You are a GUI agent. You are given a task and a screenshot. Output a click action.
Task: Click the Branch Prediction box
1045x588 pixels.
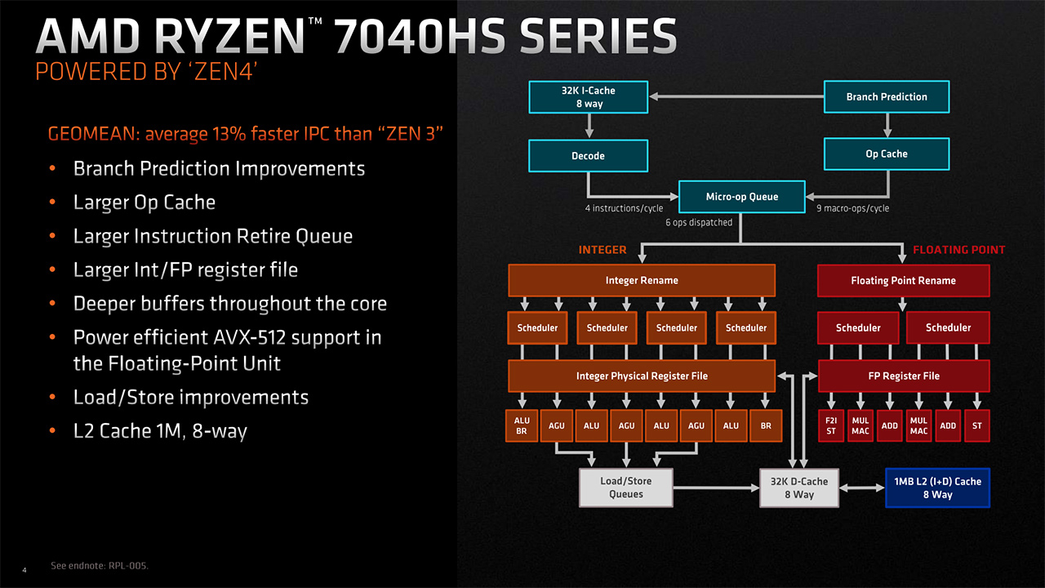pos(887,96)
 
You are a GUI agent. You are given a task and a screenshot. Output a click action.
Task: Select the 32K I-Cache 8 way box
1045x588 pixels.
pos(588,96)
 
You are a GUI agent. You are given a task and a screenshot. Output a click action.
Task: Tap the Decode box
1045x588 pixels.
pos(588,155)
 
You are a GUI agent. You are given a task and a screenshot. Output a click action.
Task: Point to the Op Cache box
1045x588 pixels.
pos(887,154)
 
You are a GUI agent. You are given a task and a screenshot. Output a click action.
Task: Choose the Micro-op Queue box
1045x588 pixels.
pos(741,197)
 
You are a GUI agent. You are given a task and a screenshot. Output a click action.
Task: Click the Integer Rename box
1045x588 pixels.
pos(641,280)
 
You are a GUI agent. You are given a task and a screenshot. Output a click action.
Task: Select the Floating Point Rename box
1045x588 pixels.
pos(903,280)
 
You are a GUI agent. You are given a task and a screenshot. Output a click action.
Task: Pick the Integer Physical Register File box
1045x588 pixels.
pos(641,376)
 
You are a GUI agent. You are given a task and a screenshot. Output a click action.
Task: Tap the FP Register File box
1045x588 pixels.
pos(903,376)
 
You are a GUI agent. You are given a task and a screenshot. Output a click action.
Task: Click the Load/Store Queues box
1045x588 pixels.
pos(626,488)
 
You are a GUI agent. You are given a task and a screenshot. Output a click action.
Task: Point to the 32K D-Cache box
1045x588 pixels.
pos(799,488)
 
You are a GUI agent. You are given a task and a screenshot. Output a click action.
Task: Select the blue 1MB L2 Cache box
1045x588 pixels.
pos(937,488)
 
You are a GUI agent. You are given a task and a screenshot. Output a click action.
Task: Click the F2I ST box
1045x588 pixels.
pos(831,425)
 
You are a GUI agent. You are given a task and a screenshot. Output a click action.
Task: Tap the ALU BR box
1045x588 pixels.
pos(522,425)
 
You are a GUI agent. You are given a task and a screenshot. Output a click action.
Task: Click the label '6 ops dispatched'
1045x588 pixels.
pos(699,222)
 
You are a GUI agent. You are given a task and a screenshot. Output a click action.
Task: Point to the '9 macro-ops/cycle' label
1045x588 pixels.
pos(852,208)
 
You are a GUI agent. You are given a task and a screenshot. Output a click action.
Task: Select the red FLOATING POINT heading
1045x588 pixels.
pos(958,250)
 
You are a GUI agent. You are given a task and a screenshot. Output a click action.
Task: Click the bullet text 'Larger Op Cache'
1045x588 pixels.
pos(145,203)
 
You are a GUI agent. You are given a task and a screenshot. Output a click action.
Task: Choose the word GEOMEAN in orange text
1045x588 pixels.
pos(87,133)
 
